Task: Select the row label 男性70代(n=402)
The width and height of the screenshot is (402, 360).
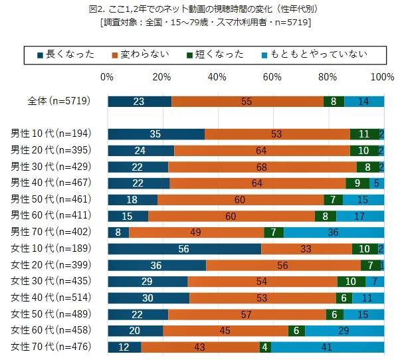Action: pyautogui.click(x=50, y=232)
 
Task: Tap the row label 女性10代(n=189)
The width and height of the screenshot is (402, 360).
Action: pyautogui.click(x=50, y=248)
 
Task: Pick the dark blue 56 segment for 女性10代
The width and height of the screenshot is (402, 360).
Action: pyautogui.click(x=184, y=249)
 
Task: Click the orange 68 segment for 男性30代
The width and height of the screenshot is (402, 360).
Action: pyautogui.click(x=262, y=167)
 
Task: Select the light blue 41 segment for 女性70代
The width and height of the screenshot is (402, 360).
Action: pyautogui.click(x=328, y=347)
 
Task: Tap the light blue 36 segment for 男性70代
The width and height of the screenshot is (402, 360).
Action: pyautogui.click(x=334, y=232)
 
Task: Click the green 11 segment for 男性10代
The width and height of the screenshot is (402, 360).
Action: pyautogui.click(x=364, y=134)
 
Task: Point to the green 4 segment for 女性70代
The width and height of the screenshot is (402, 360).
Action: pyautogui.click(x=265, y=347)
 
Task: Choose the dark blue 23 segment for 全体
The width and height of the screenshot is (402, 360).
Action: pyautogui.click(x=139, y=102)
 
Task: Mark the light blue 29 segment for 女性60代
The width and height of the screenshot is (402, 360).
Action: pyautogui.click(x=344, y=330)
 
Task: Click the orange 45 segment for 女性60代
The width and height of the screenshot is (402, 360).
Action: pyautogui.click(x=225, y=330)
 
